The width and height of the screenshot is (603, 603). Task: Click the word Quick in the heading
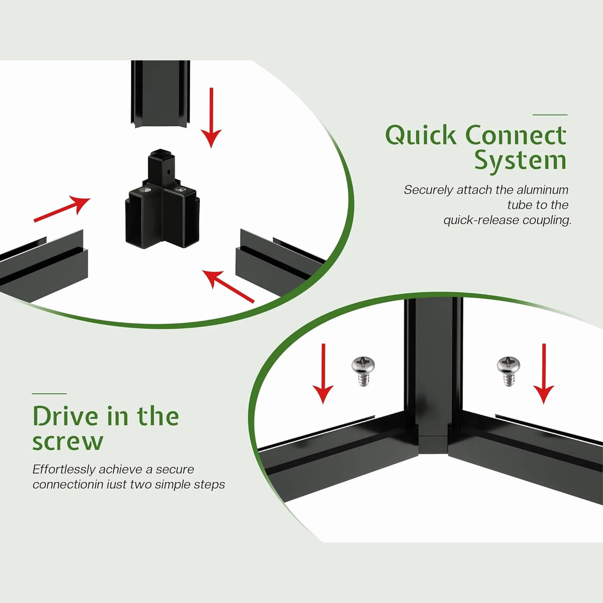[x=420, y=135]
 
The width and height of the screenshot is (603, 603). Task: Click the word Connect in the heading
[x=515, y=135]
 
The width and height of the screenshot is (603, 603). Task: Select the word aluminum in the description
[x=542, y=190]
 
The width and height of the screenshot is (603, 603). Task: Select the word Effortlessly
[x=64, y=469]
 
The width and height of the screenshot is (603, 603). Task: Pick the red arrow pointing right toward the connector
[x=62, y=209]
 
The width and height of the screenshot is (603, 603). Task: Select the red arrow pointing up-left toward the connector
[x=228, y=286]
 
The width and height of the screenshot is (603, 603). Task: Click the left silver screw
[x=363, y=371]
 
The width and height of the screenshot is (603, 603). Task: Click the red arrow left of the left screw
[x=323, y=373]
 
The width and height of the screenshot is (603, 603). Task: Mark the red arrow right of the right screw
[x=544, y=373]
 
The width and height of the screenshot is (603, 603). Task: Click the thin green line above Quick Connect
[x=550, y=115]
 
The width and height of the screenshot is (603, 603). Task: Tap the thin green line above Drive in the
[x=49, y=394]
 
